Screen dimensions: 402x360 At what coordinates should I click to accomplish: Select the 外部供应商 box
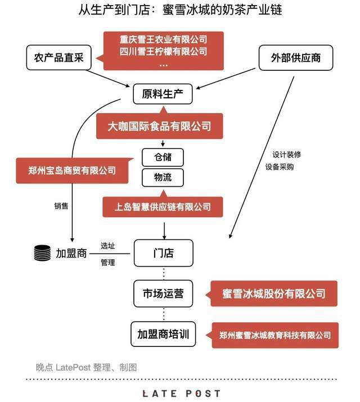click(295, 57)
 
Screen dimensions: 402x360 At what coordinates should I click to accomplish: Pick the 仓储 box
click(163, 156)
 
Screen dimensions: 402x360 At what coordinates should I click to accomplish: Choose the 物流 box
click(163, 178)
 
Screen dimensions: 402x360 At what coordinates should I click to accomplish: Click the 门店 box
click(163, 253)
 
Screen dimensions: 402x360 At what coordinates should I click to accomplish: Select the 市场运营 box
click(163, 293)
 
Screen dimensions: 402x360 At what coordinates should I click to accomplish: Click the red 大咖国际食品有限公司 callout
click(160, 126)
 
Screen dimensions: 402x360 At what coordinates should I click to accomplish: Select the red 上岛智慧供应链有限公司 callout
click(163, 207)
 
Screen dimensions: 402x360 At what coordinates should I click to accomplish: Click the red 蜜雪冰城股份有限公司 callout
click(274, 293)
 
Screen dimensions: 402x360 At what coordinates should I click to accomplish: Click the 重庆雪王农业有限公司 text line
click(163, 40)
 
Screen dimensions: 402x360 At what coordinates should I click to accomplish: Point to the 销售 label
click(61, 206)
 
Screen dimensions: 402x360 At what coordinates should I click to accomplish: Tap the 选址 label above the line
click(108, 246)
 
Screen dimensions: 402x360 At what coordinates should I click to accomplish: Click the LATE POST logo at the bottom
click(181, 393)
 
